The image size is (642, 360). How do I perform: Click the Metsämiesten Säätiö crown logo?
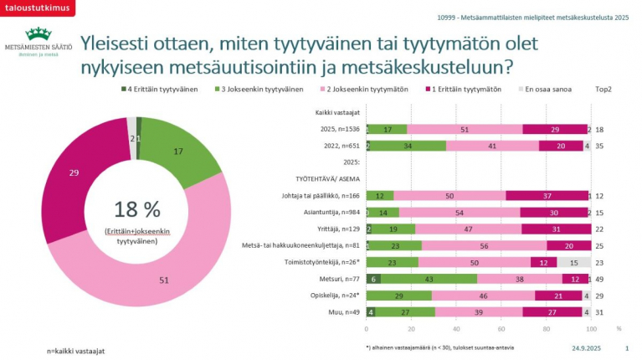[x=38, y=34]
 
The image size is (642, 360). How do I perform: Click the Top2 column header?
[x=603, y=88]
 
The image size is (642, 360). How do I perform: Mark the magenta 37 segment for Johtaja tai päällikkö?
[x=547, y=195]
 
